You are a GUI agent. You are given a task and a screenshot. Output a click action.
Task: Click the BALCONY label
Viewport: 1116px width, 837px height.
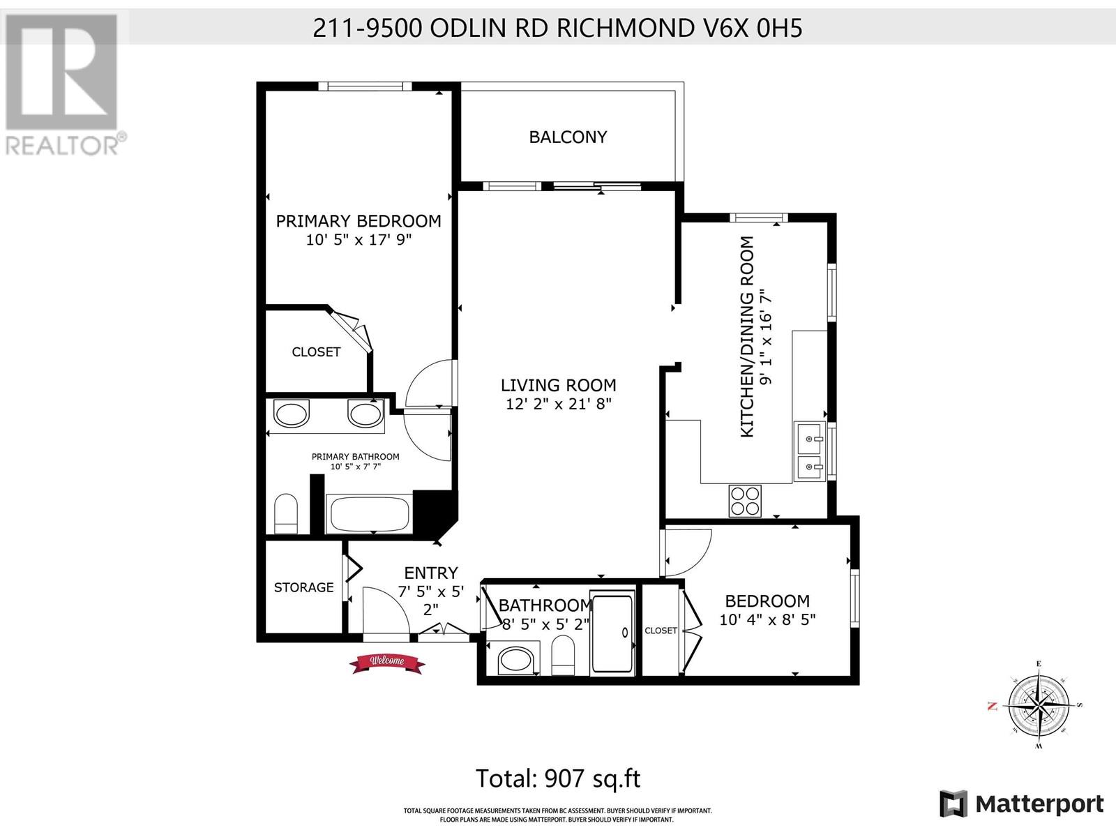point(568,137)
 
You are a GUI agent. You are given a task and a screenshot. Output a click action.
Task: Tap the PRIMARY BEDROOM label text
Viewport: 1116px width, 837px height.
point(359,221)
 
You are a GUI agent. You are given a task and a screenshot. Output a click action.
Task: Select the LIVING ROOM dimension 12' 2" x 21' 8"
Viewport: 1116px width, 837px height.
point(558,404)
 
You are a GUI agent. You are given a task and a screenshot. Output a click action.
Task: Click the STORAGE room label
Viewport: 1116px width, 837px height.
point(303,587)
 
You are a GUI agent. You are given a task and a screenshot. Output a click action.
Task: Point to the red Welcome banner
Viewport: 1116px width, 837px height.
point(387,663)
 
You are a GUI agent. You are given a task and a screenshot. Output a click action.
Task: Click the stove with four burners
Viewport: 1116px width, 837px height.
point(745,501)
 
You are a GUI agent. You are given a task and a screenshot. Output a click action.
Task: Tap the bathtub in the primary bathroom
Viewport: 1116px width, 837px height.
point(369,514)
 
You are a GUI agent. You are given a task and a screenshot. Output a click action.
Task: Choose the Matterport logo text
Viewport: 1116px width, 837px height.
point(1039,804)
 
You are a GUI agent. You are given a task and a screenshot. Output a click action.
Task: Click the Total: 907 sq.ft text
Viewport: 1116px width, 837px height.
point(558,778)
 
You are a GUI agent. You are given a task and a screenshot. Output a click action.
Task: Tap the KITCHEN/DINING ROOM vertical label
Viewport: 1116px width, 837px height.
point(747,337)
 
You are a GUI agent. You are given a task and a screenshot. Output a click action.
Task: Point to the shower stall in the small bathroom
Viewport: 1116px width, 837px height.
point(613,633)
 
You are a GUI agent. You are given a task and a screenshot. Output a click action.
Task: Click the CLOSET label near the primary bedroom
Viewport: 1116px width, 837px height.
point(316,352)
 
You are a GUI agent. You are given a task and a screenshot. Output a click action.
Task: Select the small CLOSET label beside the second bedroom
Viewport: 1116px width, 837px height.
point(661,631)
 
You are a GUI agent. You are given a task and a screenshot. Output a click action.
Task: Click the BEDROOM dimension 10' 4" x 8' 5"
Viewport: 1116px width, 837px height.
point(767,619)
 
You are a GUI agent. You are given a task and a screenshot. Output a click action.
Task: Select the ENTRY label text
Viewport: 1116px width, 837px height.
point(431,573)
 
